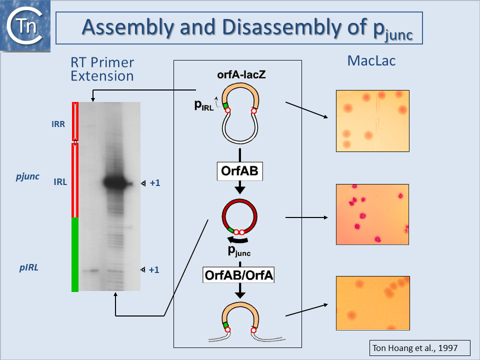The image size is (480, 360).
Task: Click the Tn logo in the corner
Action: pos(25,26)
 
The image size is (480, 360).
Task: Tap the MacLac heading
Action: pos(371,61)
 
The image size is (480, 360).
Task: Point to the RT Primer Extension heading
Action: pos(102,69)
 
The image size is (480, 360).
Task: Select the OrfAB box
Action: pos(239,171)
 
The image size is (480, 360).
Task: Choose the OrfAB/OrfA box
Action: pos(238,275)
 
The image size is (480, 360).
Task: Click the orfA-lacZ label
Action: pos(241,74)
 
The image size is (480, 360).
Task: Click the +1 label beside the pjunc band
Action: pos(155,183)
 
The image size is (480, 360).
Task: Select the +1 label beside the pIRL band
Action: pos(154,269)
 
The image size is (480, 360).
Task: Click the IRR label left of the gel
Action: pos(58,124)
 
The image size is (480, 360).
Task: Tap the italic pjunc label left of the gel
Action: pos(27,176)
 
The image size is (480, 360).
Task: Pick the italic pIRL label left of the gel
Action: pos(29,267)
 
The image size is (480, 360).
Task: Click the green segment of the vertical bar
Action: pos(75,254)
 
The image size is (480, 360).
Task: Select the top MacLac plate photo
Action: pos(372,121)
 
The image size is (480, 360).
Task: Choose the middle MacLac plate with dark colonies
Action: pos(372,214)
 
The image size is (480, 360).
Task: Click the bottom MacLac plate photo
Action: pos(373,303)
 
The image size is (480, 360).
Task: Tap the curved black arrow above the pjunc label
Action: pos(238,240)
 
